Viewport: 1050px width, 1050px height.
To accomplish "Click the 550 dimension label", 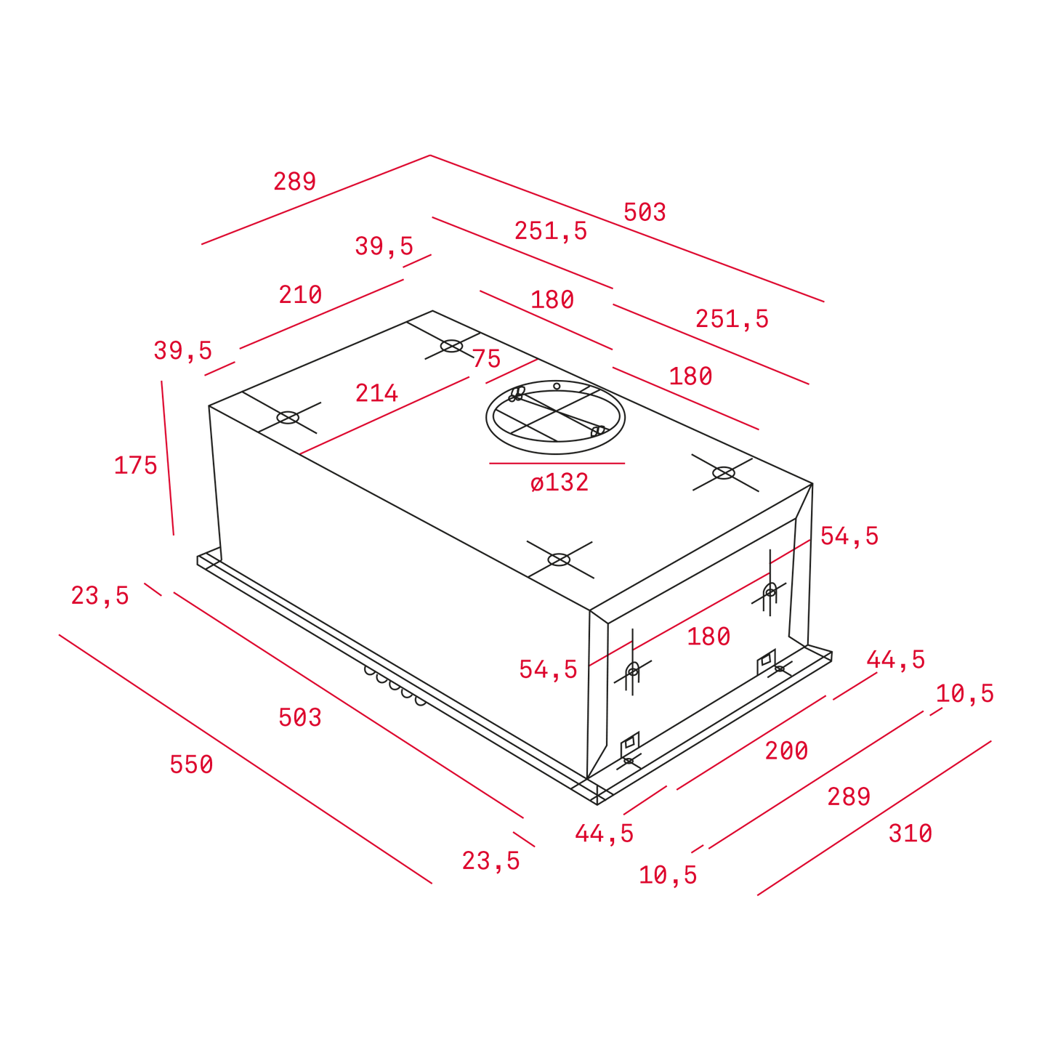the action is pos(191,764).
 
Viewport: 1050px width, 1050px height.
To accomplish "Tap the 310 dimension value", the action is pos(910,833).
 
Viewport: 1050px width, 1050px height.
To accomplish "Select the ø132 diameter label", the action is pos(560,482).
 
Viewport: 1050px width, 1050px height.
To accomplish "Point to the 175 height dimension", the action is pos(136,465).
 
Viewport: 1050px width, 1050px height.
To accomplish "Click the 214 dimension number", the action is pos(377,393).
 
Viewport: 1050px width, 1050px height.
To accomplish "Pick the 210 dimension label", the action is pos(301,295).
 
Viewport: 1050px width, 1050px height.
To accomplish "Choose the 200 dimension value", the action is pos(786,751).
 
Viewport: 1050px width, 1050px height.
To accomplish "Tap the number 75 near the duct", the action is pos(487,358).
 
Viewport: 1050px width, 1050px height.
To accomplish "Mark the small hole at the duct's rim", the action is pos(557,387).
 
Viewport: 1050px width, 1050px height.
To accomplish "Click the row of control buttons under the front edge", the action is pos(395,686).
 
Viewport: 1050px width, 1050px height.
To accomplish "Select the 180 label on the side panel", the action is pos(708,637).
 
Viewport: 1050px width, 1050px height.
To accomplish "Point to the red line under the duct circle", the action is pos(557,464).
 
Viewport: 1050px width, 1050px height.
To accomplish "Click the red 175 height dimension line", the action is pos(167,458).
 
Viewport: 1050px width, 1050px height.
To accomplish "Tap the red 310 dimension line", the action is pos(874,818).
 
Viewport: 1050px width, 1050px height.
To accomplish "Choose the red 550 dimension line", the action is pos(245,759).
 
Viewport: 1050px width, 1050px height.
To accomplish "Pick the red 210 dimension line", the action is pos(321,314).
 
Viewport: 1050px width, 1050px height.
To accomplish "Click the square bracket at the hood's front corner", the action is pos(630,744).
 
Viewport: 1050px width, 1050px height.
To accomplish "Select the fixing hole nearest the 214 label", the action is pos(288,418).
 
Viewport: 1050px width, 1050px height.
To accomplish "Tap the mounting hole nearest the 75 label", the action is pos(451,346).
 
